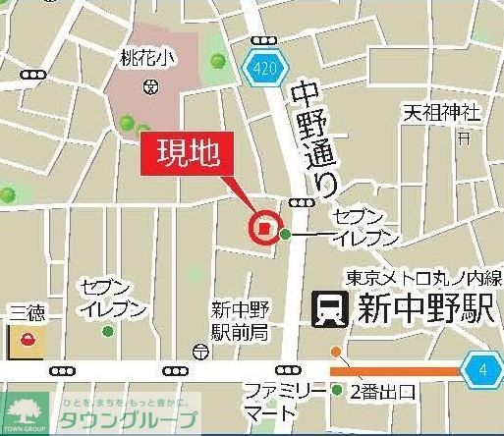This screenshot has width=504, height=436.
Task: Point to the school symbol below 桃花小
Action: click(149, 86)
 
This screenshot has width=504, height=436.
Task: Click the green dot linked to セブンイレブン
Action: click(286, 234)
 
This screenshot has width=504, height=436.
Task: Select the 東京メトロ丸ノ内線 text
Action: click(421, 278)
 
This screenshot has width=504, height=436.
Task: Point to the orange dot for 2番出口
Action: click(336, 352)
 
